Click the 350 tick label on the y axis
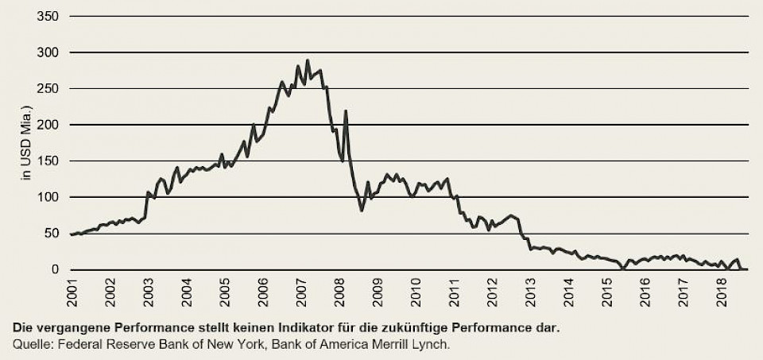coord(49,16)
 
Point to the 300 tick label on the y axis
coord(49,52)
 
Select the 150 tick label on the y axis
coord(49,161)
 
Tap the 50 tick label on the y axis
coord(52,234)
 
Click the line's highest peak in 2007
coord(307,60)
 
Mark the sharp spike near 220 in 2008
coord(346,110)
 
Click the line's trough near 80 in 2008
coord(362,211)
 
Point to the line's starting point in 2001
coord(71,234)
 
